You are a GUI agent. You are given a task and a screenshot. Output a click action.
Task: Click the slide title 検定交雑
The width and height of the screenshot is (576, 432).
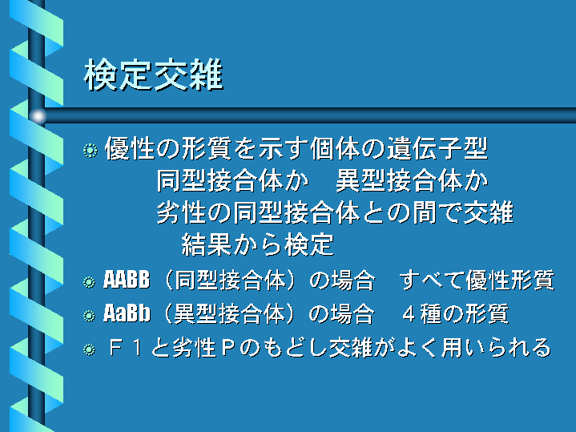154,75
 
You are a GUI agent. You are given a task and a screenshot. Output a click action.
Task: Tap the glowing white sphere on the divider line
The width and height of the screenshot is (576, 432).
38,116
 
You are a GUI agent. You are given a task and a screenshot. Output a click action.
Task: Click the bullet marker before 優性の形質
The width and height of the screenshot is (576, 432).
90,150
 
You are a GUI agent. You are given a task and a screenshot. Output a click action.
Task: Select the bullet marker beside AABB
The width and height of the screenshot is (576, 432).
89,282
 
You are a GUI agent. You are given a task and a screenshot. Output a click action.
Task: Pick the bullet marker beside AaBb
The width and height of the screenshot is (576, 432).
89,316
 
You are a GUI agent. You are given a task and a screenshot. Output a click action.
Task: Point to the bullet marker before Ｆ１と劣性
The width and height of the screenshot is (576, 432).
89,349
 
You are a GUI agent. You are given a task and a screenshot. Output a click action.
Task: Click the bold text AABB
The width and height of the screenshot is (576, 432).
127,280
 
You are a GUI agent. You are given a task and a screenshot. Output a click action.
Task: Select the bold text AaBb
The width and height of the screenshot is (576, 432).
127,313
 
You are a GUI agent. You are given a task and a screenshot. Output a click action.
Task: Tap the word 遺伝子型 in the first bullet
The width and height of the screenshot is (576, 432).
437,148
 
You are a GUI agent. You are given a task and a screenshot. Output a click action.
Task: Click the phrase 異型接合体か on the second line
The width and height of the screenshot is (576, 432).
412,181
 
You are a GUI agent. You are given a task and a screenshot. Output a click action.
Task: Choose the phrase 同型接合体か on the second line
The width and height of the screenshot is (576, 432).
232,181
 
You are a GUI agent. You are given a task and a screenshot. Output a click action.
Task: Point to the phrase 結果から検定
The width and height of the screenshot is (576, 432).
258,244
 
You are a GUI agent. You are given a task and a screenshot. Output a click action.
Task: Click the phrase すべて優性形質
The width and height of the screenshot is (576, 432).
477,281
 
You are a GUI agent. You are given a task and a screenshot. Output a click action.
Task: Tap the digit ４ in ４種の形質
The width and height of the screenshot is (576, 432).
409,314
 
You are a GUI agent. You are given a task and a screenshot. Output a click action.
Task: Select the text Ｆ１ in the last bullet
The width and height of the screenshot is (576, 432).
125,348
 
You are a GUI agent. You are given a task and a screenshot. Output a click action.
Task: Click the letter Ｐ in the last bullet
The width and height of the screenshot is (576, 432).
228,348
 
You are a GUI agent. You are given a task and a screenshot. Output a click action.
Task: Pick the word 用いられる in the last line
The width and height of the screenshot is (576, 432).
496,348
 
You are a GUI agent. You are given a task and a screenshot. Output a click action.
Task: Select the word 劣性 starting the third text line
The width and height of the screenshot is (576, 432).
181,213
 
